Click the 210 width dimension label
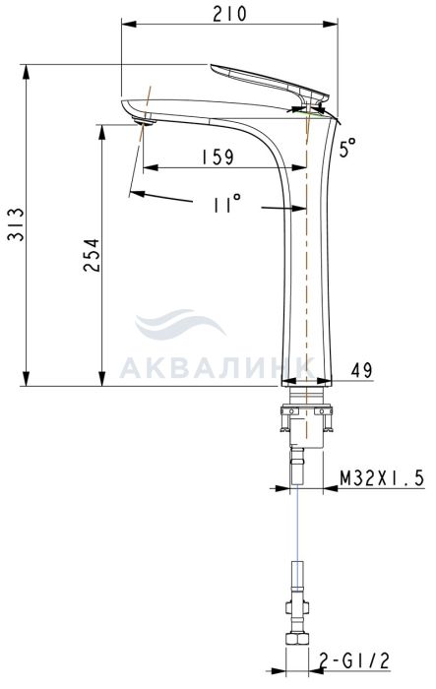pyautogui.click(x=229, y=14)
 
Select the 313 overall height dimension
pyautogui.click(x=18, y=224)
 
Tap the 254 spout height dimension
pyautogui.click(x=92, y=255)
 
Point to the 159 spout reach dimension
pyautogui.click(x=218, y=157)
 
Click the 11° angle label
pyautogui.click(x=226, y=204)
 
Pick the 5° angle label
pyautogui.click(x=347, y=148)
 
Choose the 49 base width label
pyautogui.click(x=362, y=370)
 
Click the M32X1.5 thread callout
pyautogui.click(x=382, y=477)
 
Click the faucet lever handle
pyautogui.click(x=268, y=84)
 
